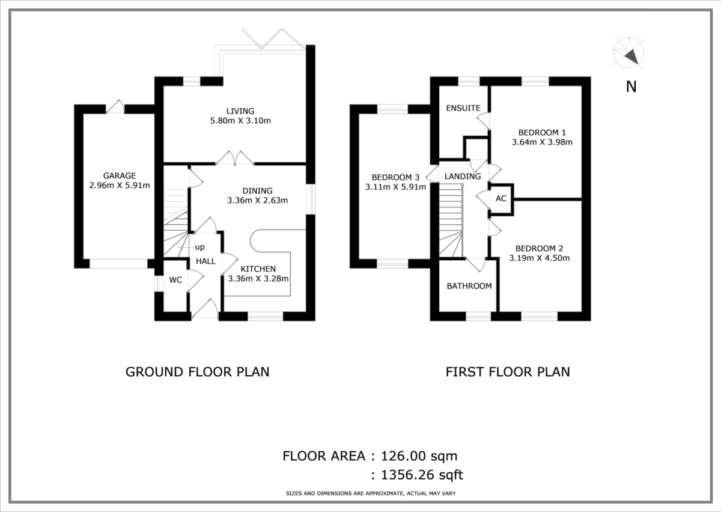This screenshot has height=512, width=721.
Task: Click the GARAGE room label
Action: (x=119, y=175)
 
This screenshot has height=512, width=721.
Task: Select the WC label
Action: (x=175, y=280)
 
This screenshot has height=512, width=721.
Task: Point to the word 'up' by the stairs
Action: (x=199, y=247)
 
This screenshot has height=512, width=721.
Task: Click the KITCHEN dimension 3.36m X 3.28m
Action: (x=258, y=278)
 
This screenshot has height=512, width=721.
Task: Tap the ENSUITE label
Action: (x=463, y=108)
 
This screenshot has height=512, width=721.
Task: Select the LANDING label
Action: (x=463, y=176)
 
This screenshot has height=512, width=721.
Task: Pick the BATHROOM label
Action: (x=469, y=286)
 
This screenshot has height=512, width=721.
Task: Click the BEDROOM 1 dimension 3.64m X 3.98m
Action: (x=542, y=142)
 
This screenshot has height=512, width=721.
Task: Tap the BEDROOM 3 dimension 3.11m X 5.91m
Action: (x=395, y=187)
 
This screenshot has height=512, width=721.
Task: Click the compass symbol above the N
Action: (x=629, y=53)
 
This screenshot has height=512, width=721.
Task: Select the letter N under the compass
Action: (x=631, y=87)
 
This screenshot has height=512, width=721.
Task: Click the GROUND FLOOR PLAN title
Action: (x=197, y=371)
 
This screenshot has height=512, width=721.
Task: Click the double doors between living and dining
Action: (x=235, y=157)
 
